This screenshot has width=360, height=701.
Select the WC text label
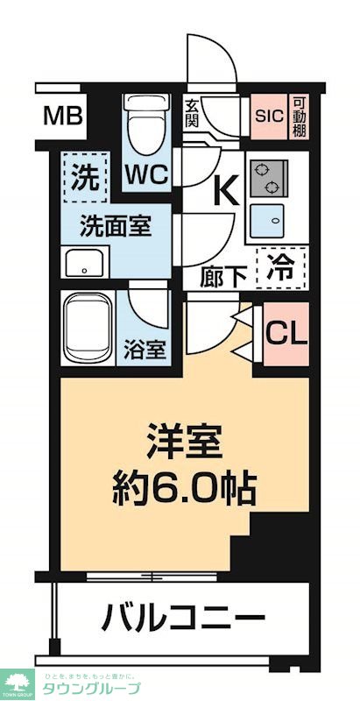[145, 173]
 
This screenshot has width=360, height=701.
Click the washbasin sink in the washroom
[86, 262]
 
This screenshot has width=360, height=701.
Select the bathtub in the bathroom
[90, 329]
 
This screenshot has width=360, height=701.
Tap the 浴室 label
[145, 349]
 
